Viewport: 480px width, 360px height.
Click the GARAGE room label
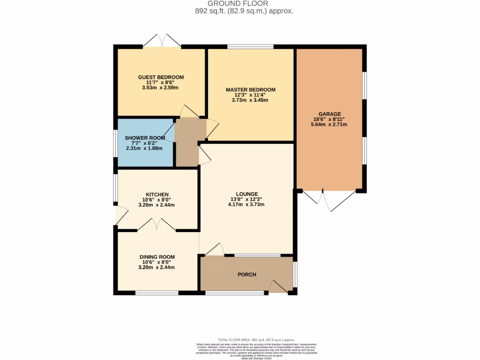coord(330,114)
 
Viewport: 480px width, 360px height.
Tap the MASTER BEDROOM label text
coord(250,90)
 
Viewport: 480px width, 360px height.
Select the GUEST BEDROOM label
coord(161,77)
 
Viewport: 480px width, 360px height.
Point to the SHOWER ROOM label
coord(144,138)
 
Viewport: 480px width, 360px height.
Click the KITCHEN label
coord(157,195)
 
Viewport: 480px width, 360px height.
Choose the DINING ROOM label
coord(157,257)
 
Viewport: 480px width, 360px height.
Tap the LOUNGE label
coord(247,194)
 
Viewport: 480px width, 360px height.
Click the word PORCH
coord(247,275)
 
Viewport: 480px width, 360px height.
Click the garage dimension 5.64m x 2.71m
coord(330,124)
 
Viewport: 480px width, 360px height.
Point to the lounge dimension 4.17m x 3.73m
coord(247,204)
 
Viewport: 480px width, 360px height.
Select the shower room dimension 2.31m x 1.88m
coord(144,148)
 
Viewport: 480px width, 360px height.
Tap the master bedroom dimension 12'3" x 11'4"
coord(250,95)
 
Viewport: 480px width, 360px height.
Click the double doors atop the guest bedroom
coord(162,41)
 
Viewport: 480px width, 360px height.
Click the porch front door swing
coord(278,286)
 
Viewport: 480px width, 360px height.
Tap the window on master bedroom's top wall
coord(250,46)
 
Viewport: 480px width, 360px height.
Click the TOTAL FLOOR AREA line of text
coord(256,339)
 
